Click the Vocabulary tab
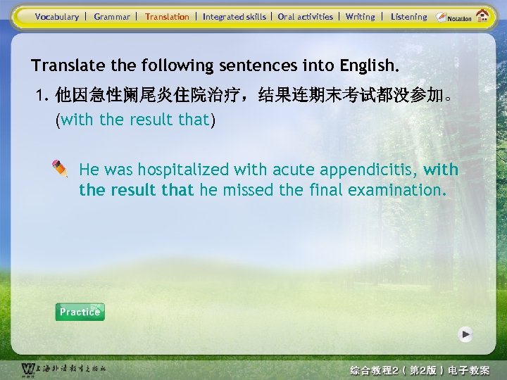[57, 17]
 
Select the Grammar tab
[112, 17]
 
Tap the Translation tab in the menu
[167, 17]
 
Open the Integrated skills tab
[234, 17]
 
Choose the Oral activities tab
[305, 17]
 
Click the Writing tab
[360, 17]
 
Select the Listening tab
[408, 17]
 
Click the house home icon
[483, 15]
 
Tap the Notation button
[453, 17]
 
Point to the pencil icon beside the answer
[60, 167]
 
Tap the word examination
[404, 190]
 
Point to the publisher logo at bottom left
[28, 369]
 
